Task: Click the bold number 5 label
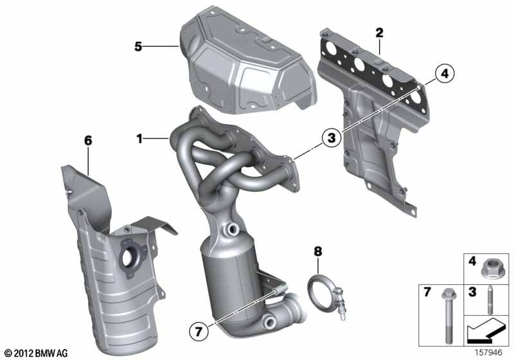(x=138, y=46)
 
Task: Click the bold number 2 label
(x=379, y=32)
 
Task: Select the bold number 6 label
(x=88, y=141)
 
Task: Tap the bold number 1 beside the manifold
(x=139, y=139)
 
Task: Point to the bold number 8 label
(x=318, y=251)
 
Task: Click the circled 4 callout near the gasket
(x=445, y=74)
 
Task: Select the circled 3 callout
(x=332, y=138)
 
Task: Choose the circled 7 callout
(x=199, y=332)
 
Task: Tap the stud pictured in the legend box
(x=490, y=300)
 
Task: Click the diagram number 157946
(x=488, y=352)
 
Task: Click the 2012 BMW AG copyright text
(x=36, y=353)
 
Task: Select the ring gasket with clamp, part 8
(x=326, y=298)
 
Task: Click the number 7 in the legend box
(x=427, y=292)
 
